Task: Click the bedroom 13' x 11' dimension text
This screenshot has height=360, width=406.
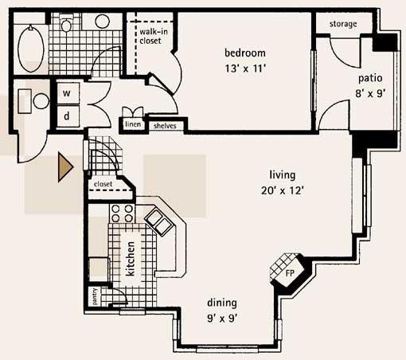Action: point(245,68)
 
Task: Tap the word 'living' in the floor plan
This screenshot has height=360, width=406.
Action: point(283,175)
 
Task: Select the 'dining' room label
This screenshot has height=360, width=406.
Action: point(222,303)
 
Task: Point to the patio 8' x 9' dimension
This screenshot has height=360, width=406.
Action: point(370,93)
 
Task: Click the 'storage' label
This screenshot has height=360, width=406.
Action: point(343,24)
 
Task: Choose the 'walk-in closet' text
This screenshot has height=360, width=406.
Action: point(154,36)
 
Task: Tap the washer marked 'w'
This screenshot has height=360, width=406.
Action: point(67,93)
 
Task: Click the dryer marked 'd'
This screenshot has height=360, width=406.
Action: point(67,116)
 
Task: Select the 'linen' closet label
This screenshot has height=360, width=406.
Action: point(133,124)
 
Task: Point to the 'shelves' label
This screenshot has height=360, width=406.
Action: point(165,126)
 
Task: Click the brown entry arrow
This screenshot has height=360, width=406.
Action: point(65,167)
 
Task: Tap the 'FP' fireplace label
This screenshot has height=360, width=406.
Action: point(290,273)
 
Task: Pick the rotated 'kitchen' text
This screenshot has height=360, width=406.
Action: point(131,259)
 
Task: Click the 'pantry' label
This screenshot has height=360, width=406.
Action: point(95,296)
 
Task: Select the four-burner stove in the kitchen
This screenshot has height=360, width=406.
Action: point(122,213)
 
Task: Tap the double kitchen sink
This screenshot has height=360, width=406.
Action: point(159,222)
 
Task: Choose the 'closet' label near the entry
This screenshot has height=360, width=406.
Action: point(103,184)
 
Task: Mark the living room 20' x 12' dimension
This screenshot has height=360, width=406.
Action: point(283,190)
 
